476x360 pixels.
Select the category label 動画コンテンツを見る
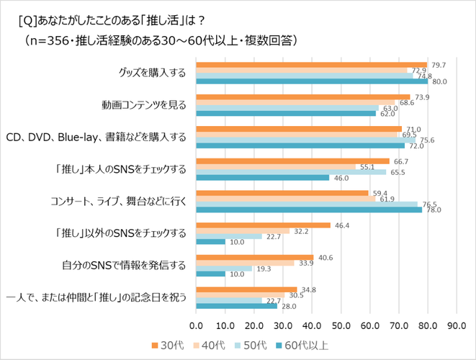pyautogui.click(x=143, y=104)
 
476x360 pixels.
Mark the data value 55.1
pyautogui.click(x=367, y=166)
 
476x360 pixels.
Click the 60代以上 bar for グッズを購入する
pyautogui.click(x=312, y=81)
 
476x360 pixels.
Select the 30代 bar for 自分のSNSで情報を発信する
pyautogui.click(x=254, y=257)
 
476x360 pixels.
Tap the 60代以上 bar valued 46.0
pyautogui.click(x=262, y=177)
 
